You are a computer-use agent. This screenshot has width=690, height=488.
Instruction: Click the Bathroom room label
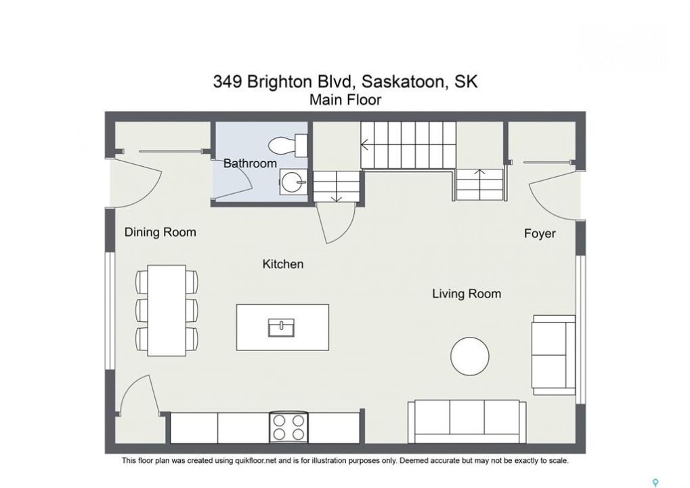[250, 163]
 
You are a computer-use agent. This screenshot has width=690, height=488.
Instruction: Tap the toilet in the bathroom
[288, 145]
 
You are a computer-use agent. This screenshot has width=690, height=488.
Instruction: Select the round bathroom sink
[293, 182]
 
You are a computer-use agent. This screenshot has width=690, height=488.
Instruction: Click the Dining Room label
[160, 232]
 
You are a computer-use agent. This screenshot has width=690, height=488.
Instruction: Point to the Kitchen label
[283, 264]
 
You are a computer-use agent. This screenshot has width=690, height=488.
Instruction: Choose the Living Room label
[467, 293]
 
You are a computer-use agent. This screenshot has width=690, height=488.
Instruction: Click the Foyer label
[540, 233]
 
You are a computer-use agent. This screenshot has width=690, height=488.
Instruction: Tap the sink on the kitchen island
[282, 327]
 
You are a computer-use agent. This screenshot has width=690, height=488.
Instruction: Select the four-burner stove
[288, 428]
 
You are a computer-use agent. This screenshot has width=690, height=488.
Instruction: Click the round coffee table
[470, 357]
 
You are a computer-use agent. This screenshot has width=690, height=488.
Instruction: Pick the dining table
[167, 310]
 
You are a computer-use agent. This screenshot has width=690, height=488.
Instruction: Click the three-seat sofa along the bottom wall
[467, 422]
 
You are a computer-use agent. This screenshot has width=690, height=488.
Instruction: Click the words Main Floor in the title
[345, 100]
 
